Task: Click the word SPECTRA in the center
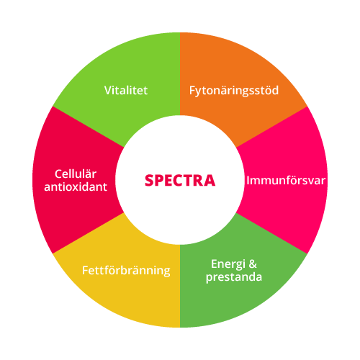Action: tap(180, 181)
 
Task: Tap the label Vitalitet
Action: tap(126, 91)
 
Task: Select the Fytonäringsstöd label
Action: tap(234, 91)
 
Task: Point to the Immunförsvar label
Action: tap(286, 181)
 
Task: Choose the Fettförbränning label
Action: tap(126, 271)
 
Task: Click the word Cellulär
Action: tap(76, 174)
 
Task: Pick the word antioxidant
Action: tap(76, 186)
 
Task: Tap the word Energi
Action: tap(228, 264)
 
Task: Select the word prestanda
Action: tap(234, 277)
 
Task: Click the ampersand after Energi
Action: tap(253, 264)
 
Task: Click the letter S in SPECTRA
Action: tap(149, 181)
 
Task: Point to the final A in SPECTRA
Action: tap(210, 181)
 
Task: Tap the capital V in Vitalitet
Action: tap(108, 91)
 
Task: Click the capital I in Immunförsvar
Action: tap(248, 181)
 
